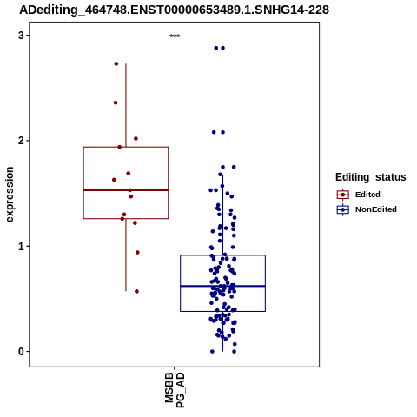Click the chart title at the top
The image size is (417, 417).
click(174, 10)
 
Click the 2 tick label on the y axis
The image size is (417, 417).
click(22, 141)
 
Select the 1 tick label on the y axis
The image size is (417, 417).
click(22, 246)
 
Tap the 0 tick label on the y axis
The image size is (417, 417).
click(22, 352)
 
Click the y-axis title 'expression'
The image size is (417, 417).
click(10, 195)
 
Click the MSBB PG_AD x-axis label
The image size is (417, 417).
click(175, 390)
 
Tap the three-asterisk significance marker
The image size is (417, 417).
click(175, 36)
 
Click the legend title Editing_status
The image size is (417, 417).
click(371, 177)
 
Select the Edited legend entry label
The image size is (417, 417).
click(367, 195)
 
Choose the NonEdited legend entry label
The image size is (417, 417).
click(376, 209)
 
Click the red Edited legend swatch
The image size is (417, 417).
click(343, 195)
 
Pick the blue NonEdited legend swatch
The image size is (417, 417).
click(343, 209)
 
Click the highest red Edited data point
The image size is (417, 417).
click(116, 63)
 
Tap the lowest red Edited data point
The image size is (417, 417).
click(136, 291)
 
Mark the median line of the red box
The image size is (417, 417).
click(126, 190)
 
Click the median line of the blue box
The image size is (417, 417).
click(222, 286)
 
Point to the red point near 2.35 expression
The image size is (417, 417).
click(116, 103)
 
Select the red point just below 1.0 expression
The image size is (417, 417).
click(137, 253)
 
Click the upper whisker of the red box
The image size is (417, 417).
click(126, 105)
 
